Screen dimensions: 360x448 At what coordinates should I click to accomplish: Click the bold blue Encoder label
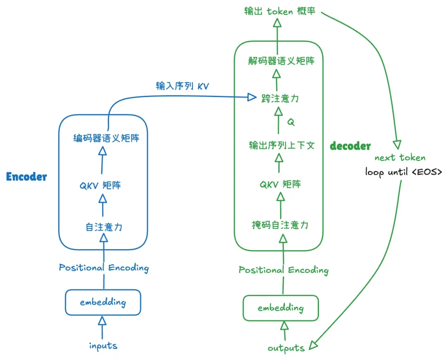(x=27, y=177)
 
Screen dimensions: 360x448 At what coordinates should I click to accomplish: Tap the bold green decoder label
(x=350, y=146)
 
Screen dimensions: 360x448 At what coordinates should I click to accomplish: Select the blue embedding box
(x=103, y=302)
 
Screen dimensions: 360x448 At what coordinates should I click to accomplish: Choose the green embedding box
(x=280, y=308)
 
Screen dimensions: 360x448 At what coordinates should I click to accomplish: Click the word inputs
(x=103, y=345)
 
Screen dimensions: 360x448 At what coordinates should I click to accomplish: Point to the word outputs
(x=286, y=348)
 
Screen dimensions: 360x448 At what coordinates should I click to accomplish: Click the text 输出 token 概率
(x=280, y=11)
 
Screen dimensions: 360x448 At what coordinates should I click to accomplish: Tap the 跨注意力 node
(x=280, y=98)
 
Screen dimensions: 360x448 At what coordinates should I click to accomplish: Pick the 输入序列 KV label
(x=182, y=86)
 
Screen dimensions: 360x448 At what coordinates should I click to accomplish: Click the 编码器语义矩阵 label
(x=106, y=138)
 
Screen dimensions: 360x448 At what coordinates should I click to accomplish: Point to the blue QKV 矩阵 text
(x=100, y=185)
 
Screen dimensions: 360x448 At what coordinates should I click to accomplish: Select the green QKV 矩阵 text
(x=280, y=184)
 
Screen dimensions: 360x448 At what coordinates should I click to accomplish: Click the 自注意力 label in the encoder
(x=104, y=227)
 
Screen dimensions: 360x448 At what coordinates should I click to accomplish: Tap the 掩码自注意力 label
(x=280, y=225)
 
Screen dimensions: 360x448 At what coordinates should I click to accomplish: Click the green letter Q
(x=291, y=122)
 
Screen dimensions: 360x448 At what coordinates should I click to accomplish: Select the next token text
(x=400, y=158)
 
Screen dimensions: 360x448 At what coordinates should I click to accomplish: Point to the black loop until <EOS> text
(x=404, y=171)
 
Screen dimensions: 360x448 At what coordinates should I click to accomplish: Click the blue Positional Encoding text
(x=104, y=268)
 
